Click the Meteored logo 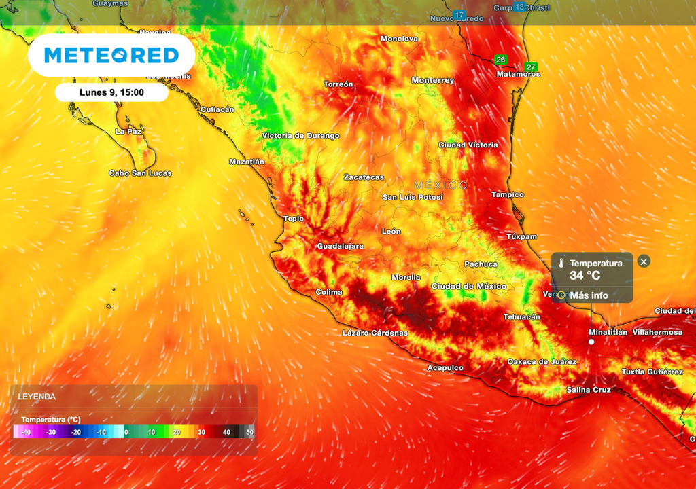tap(111, 55)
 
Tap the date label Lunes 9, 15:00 tap(111, 92)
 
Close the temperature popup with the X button tap(644, 261)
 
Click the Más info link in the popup tap(589, 295)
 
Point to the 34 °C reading tap(585, 276)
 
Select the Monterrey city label tap(433, 80)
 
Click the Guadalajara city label tap(340, 246)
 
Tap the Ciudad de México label tap(469, 286)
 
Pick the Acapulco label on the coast tap(445, 367)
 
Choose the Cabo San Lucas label tap(140, 173)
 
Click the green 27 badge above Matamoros tap(531, 67)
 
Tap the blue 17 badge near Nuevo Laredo tap(459, 15)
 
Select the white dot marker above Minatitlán tap(591, 342)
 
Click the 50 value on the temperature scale tap(249, 432)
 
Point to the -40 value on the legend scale tap(26, 432)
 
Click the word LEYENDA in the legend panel tap(37, 397)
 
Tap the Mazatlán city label tap(247, 162)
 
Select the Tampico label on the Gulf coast tap(508, 194)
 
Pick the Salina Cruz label tap(589, 390)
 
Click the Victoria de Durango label tap(300, 136)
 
